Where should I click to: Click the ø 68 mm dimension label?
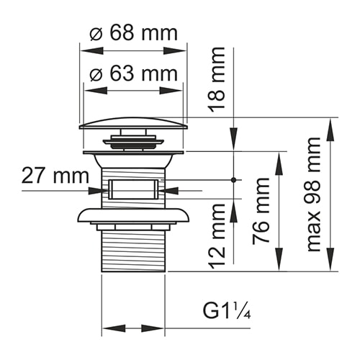click(x=132, y=34)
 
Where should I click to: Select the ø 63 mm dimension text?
click(x=132, y=73)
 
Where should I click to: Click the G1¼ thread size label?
click(x=226, y=312)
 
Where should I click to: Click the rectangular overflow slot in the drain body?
click(x=133, y=190)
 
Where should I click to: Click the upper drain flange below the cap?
click(x=133, y=153)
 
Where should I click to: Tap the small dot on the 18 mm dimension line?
click(x=233, y=179)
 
